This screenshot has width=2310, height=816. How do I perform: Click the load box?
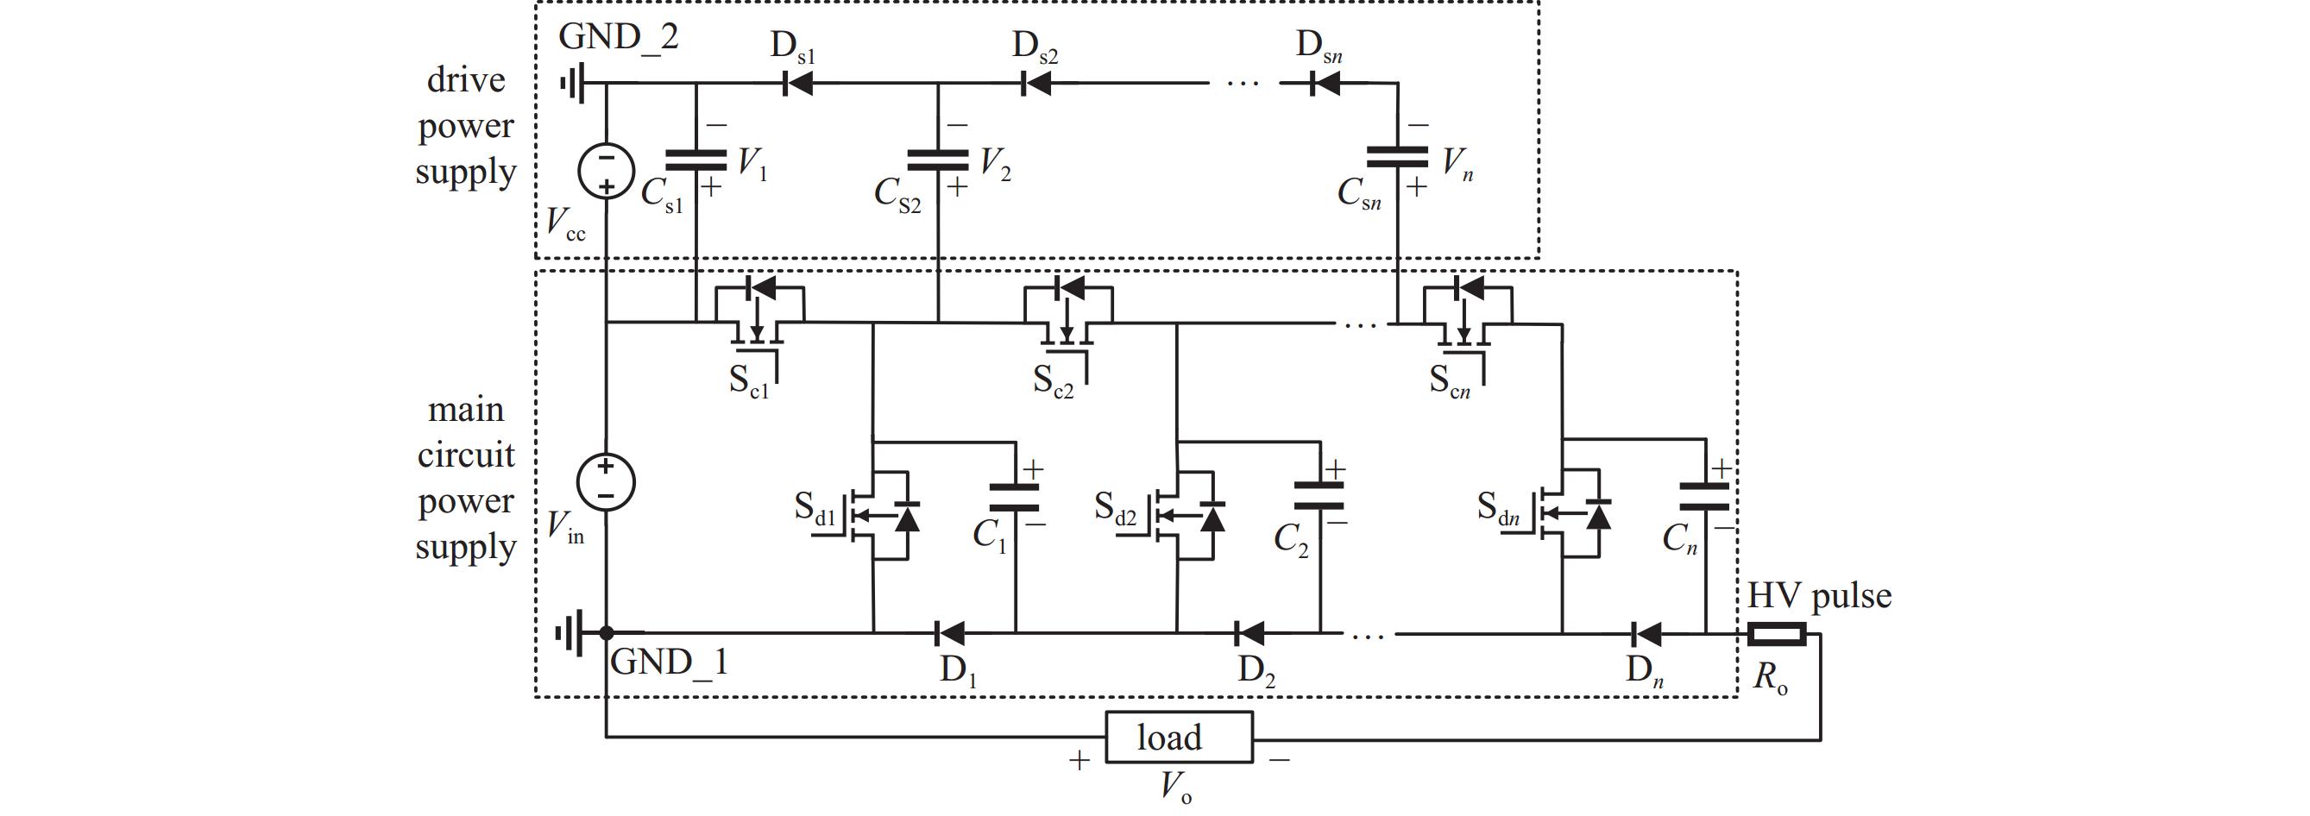coord(1179,738)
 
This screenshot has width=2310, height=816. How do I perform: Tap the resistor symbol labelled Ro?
coord(1777,635)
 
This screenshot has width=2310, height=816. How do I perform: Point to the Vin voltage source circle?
coord(607,482)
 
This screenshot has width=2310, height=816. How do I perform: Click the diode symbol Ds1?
coord(797,85)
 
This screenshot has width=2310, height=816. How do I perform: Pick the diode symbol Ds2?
coord(1036,85)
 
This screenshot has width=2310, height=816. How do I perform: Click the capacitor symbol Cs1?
coord(696,160)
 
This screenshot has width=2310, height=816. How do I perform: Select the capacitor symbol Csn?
coord(1397,157)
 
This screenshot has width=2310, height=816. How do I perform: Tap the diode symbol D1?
coord(948,634)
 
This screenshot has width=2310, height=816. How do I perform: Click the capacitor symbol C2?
coord(1320,496)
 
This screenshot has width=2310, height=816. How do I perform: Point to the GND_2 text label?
coord(619,37)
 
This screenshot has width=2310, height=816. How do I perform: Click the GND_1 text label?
coord(669,662)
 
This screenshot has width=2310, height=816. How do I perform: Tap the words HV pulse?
coord(1820,595)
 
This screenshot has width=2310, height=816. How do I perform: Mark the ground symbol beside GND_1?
coord(570,634)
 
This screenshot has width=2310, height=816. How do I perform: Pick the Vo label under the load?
coord(1175,788)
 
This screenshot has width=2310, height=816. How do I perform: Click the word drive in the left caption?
coord(466,80)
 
